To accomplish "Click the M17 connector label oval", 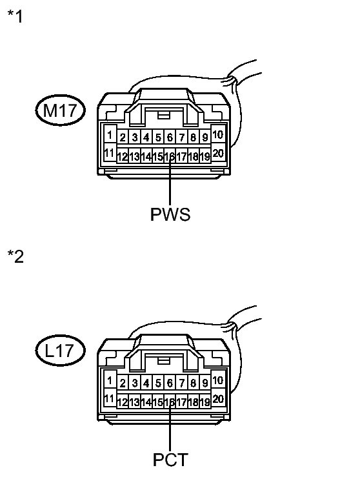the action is (60, 110).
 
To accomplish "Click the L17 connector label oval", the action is (60, 350).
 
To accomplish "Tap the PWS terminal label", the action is (170, 214).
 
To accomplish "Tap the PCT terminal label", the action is (170, 460).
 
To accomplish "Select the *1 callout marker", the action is (15, 16).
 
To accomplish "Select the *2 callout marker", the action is (15, 256).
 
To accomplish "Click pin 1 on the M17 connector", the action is (110, 135).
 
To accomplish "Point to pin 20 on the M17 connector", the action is (217, 153).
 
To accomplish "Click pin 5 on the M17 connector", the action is (158, 138).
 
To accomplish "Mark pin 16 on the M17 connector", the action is (170, 156).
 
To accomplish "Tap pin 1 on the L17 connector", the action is (110, 380).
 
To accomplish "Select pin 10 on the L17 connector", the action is (217, 380).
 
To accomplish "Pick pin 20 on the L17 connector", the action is (217, 398).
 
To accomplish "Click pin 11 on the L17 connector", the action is (110, 398).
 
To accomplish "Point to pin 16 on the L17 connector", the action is (170, 402).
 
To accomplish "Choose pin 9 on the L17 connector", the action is (205, 383).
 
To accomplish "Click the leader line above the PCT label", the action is (170, 426).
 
